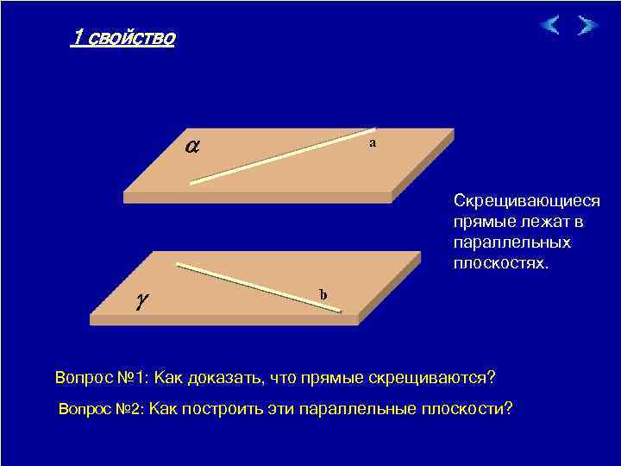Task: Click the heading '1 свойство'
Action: [x=123, y=38]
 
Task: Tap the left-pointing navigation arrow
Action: [x=551, y=25]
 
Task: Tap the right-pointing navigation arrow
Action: [x=586, y=25]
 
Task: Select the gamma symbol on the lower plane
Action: [x=141, y=299]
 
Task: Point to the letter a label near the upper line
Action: [x=372, y=142]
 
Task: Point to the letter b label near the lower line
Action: [x=323, y=295]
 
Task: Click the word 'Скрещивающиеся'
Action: [x=526, y=201]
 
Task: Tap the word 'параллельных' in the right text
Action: [x=505, y=242]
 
